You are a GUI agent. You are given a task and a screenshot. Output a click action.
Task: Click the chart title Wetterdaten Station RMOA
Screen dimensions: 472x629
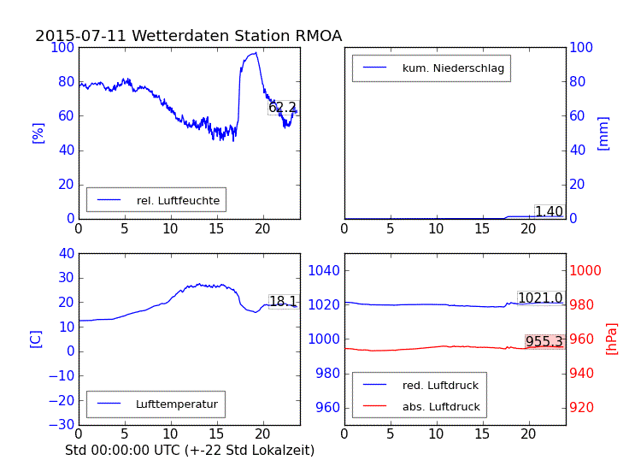coord(188,36)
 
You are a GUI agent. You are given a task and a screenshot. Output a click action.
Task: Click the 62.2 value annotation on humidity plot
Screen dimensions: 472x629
coord(283,108)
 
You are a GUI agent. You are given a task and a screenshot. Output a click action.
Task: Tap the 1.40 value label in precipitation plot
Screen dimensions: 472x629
coord(549,212)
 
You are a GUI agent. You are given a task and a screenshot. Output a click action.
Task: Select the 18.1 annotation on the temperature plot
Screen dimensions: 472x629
coord(283,302)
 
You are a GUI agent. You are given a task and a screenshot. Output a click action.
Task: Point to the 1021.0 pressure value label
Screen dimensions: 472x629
coord(540,298)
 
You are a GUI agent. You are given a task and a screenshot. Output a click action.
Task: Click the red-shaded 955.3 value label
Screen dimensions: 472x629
coord(544,342)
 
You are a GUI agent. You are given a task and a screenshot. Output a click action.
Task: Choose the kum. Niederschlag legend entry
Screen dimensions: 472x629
coord(453,68)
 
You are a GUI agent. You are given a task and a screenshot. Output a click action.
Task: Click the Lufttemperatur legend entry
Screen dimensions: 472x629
coord(176,404)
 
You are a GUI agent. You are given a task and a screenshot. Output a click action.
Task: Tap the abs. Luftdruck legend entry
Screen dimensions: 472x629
coord(441,407)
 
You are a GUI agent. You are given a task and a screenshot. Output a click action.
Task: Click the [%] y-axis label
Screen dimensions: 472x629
coord(38,133)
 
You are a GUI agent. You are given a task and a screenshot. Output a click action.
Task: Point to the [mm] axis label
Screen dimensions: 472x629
coord(603,133)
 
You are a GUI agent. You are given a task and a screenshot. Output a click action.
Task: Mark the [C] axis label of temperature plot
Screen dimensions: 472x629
coord(36,339)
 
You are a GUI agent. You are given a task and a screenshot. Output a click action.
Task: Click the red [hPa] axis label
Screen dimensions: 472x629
coord(612,339)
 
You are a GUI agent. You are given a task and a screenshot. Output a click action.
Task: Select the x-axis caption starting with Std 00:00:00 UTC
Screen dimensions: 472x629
coord(190,450)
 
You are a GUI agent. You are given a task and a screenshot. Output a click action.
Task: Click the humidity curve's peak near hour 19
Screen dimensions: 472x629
coord(255,53)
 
